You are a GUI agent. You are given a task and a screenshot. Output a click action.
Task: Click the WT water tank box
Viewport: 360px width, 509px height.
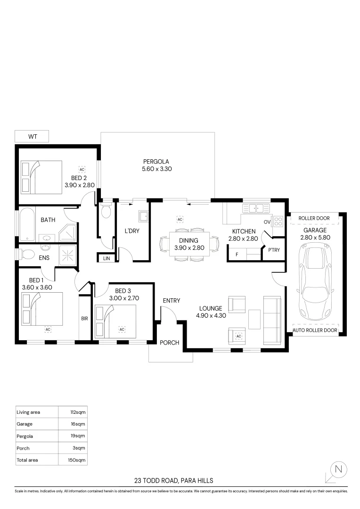(33, 137)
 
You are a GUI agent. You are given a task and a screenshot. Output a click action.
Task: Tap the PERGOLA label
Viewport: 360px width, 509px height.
(156, 161)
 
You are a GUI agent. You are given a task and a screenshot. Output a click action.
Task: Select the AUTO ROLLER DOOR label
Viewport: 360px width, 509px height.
(315, 330)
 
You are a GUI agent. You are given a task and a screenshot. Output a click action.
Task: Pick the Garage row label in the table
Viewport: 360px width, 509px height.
(25, 424)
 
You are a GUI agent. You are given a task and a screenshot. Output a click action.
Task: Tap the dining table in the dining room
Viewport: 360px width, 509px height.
(189, 244)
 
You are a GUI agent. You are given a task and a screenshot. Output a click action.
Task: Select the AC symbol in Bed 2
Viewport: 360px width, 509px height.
(82, 169)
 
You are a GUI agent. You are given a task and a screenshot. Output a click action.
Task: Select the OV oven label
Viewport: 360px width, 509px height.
(267, 222)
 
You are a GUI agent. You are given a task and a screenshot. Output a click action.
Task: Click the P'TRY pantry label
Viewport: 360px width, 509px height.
(274, 250)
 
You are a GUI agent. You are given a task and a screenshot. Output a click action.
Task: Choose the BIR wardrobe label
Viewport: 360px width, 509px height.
(84, 319)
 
